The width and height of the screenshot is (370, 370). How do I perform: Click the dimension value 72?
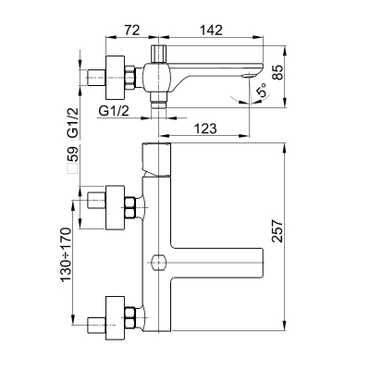click(131, 30)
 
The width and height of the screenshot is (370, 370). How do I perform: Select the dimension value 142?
click(211, 30)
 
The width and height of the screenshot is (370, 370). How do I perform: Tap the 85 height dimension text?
click(277, 72)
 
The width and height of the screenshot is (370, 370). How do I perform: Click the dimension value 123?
click(205, 129)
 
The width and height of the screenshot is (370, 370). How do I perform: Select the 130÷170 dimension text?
click(66, 254)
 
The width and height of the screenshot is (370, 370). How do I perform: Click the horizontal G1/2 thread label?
click(114, 111)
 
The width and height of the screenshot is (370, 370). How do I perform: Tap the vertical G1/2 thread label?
click(73, 122)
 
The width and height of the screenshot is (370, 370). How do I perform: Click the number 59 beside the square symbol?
click(73, 154)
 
